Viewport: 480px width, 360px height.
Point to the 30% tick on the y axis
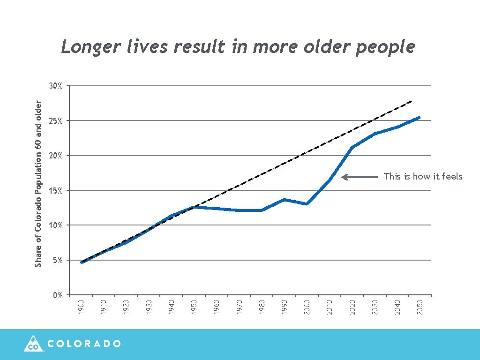pyautogui.click(x=56, y=86)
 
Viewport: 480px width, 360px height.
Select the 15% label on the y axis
pyautogui.click(x=56, y=191)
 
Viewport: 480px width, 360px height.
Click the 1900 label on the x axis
pyautogui.click(x=81, y=307)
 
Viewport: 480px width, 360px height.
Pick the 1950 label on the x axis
pyautogui.click(x=194, y=307)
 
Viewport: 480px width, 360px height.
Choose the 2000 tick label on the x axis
pyautogui.click(x=307, y=307)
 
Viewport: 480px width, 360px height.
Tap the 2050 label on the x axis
pyautogui.click(x=420, y=307)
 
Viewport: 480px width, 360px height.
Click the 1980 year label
pyautogui.click(x=262, y=307)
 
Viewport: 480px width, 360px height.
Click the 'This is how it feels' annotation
pyautogui.click(x=423, y=177)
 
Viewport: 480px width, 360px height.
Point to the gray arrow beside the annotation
pyautogui.click(x=360, y=177)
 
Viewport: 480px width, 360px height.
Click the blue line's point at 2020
pyautogui.click(x=352, y=147)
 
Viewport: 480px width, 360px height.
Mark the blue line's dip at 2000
pyautogui.click(x=307, y=204)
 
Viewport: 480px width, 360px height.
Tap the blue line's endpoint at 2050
pyautogui.click(x=419, y=118)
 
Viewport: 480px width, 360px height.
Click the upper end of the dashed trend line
pyautogui.click(x=411, y=101)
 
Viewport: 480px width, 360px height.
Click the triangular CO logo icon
pyautogui.click(x=33, y=344)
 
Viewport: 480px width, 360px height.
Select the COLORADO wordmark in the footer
pyautogui.click(x=84, y=344)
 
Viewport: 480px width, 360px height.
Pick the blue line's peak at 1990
pyautogui.click(x=284, y=200)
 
